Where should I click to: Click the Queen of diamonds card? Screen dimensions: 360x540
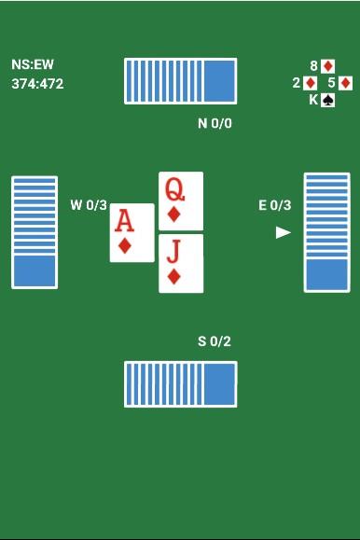click(x=181, y=201)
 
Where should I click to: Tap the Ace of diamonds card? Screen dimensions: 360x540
click(x=132, y=233)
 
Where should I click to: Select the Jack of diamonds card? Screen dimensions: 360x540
click(x=181, y=263)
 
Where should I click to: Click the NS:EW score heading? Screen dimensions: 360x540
click(x=33, y=64)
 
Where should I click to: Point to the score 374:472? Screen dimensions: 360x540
click(x=37, y=84)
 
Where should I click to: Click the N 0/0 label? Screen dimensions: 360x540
click(x=215, y=123)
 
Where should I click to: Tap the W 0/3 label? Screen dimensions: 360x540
click(x=89, y=205)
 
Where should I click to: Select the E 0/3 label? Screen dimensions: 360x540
click(x=274, y=205)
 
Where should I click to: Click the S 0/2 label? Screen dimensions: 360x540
click(x=215, y=341)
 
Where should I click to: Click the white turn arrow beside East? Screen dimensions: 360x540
click(x=284, y=233)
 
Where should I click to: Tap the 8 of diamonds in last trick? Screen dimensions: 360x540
click(x=323, y=66)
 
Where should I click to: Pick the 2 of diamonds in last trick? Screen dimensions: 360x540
click(x=305, y=83)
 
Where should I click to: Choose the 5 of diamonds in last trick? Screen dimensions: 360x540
click(x=340, y=83)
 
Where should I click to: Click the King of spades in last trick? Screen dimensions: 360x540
click(x=322, y=100)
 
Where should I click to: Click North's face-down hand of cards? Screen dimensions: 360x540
click(x=181, y=81)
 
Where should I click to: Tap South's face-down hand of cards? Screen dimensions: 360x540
click(x=181, y=384)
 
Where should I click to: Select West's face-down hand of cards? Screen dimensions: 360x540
click(x=35, y=232)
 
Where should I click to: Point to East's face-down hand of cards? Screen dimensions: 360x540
click(x=327, y=232)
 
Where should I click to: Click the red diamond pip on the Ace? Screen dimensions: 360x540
click(x=124, y=246)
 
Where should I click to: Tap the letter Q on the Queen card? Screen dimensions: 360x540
click(x=174, y=189)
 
